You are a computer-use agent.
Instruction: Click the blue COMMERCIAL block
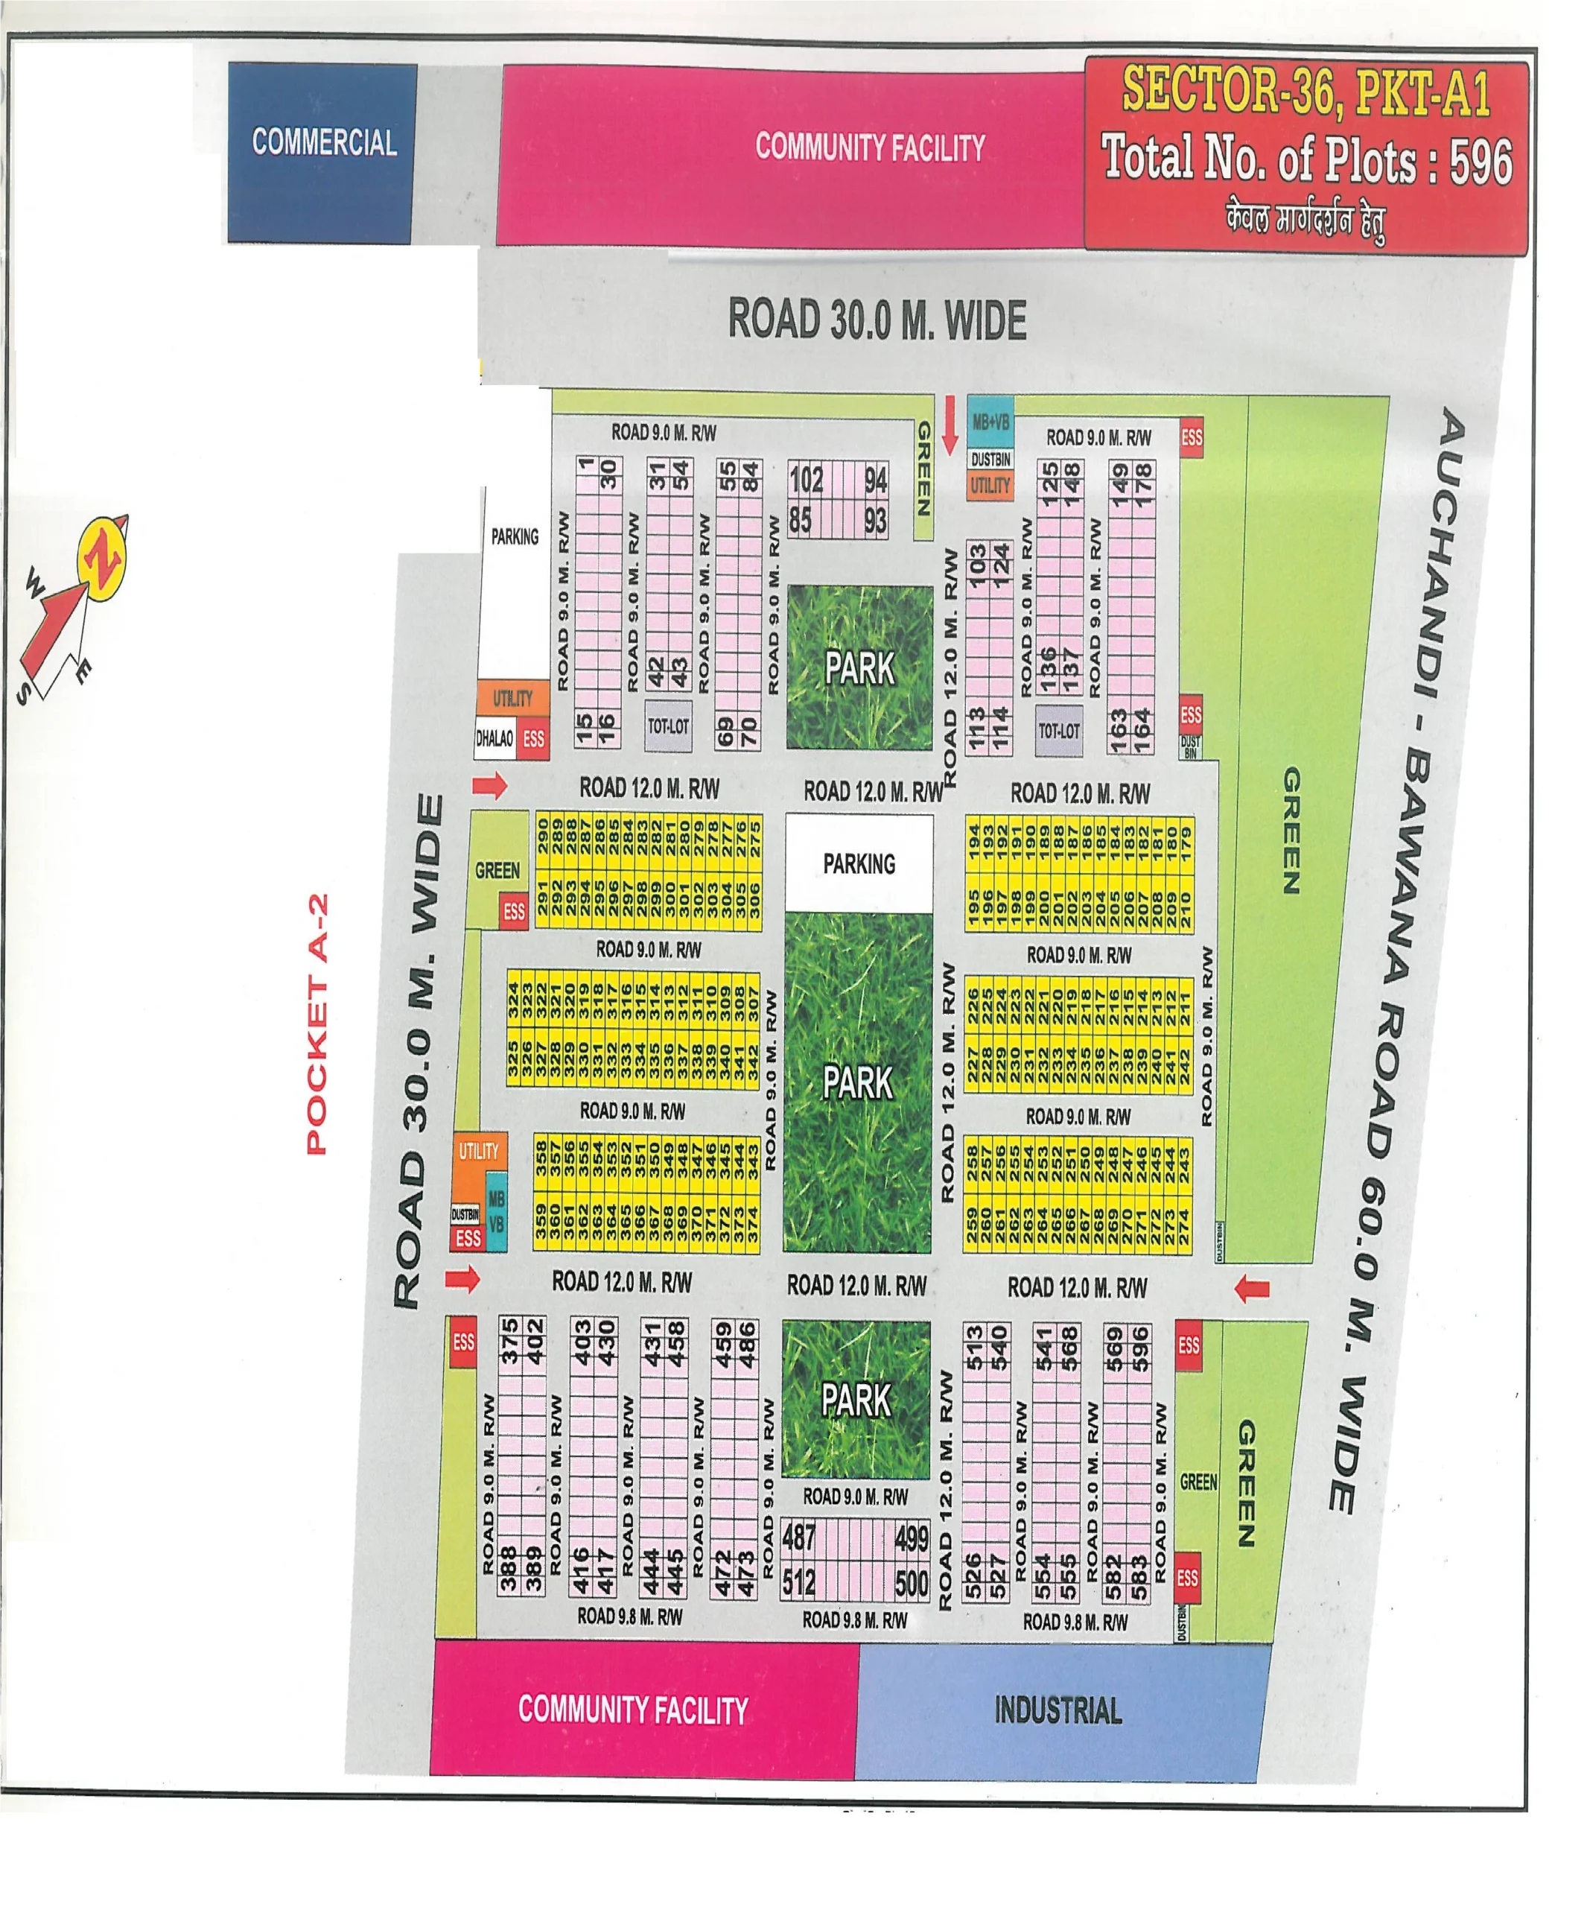322,152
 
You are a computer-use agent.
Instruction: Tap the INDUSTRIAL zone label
1058,1711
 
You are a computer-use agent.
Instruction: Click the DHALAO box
494,738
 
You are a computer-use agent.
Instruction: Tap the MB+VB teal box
990,422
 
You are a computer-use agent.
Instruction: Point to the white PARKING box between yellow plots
859,863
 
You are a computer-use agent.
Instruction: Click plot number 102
805,480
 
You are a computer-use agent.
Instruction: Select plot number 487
798,1538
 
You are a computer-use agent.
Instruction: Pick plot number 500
911,1584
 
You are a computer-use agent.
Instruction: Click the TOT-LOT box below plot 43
668,726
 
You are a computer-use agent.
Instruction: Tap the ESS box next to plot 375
463,1342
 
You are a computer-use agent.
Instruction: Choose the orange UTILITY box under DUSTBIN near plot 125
990,485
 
